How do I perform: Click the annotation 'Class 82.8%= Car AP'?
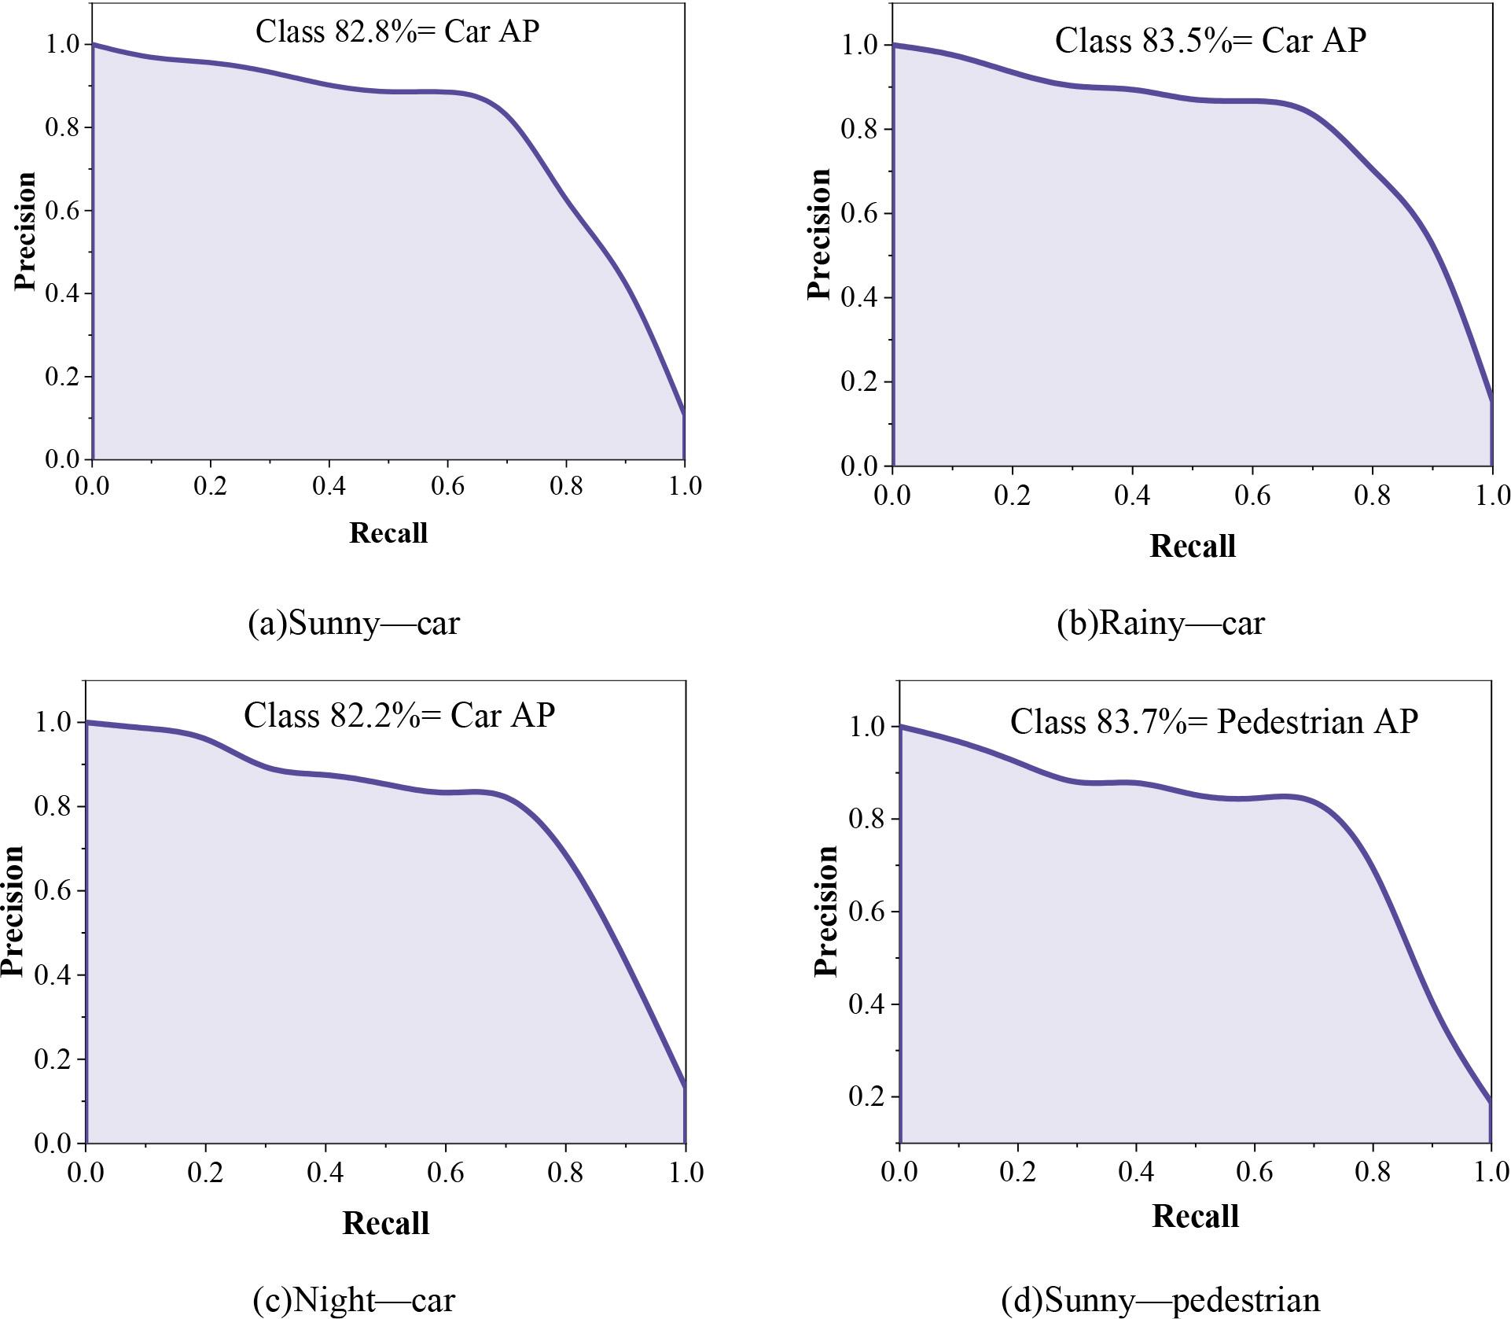coord(397,32)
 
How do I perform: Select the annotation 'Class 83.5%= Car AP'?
coord(1210,41)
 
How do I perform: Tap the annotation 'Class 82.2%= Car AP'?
coord(399,716)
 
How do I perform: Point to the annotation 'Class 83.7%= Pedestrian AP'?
coord(1214,721)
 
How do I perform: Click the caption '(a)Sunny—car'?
coord(354,623)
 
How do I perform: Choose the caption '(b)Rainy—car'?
coord(1160,623)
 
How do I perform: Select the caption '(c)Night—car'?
coord(354,1299)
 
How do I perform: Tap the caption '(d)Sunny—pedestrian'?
coord(1160,1299)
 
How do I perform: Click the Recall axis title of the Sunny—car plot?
coord(388,533)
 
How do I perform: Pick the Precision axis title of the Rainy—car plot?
coord(819,234)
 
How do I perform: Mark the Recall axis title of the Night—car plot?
coord(385,1223)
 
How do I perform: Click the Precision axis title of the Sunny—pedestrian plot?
coord(825,911)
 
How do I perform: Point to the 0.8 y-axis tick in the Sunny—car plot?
coord(63,127)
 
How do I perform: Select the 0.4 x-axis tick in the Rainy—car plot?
coord(1132,496)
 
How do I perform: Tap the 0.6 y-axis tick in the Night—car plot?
coord(53,890)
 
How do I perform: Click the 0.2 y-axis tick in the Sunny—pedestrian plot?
coord(868,1096)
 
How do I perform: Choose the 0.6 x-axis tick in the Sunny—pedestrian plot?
coord(1254,1172)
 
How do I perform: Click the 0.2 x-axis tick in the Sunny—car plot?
coord(210,486)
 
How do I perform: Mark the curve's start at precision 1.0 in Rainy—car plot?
coord(894,45)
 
